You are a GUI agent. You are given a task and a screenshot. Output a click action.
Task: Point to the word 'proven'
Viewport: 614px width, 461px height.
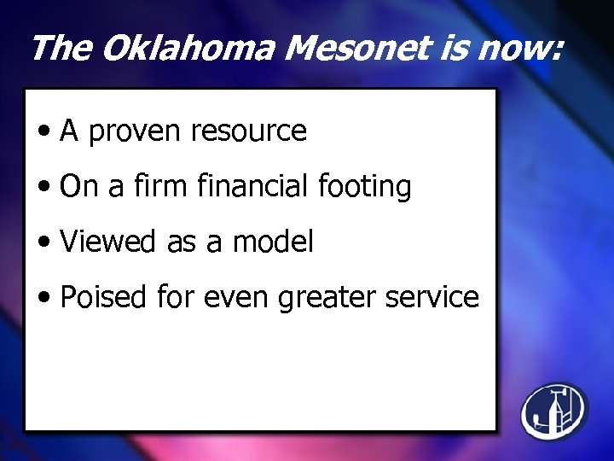[x=136, y=131]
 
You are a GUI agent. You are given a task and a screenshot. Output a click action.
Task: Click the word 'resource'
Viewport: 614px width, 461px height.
[x=248, y=131]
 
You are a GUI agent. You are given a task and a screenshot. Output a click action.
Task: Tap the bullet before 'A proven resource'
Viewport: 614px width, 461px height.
[x=44, y=132]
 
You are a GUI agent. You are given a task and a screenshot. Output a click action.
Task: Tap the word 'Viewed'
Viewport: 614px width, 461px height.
[x=108, y=242]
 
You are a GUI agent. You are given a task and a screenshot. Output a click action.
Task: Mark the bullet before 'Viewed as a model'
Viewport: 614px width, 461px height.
[x=44, y=243]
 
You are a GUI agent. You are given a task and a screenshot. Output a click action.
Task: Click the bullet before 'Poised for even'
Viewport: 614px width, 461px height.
[x=44, y=299]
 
